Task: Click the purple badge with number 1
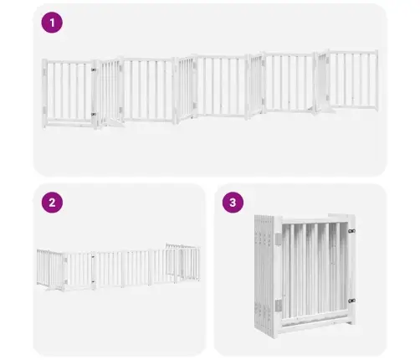(52, 23)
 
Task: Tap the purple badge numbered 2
(52, 203)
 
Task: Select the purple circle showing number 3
(233, 203)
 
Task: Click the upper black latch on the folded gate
(351, 231)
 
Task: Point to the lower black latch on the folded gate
(351, 301)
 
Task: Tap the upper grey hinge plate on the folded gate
(279, 238)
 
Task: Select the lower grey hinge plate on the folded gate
(279, 306)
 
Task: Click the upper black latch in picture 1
(94, 69)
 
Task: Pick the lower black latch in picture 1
(94, 114)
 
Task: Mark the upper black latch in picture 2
(93, 257)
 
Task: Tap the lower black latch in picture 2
(93, 281)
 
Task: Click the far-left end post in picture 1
(44, 94)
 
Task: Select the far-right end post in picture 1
(376, 80)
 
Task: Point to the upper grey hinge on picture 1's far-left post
(44, 71)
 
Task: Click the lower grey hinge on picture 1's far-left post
(44, 110)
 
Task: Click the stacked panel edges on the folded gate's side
(263, 275)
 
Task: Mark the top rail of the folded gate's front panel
(315, 220)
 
